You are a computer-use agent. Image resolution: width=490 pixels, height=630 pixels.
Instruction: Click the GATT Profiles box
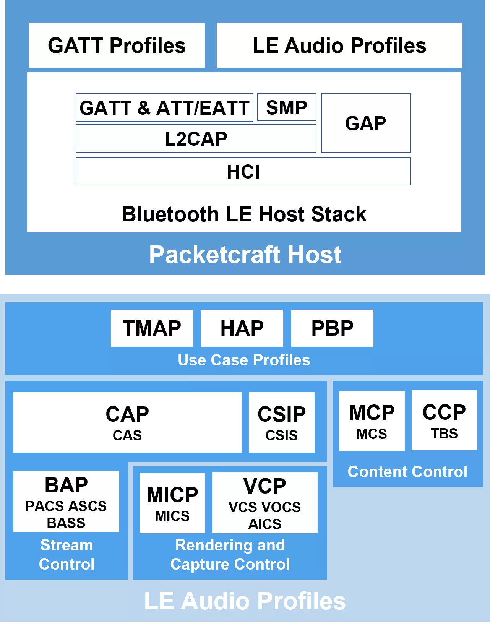(117, 45)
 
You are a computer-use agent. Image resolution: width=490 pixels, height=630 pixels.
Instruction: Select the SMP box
(287, 107)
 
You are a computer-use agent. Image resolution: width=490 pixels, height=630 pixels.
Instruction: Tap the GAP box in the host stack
(366, 123)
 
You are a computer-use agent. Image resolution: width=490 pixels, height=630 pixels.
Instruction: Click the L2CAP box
(196, 139)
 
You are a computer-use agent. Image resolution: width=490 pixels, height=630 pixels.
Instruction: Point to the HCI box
(243, 172)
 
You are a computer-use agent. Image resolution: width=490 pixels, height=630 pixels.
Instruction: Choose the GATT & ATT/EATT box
(164, 108)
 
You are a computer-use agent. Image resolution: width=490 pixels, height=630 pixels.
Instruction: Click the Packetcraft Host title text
(245, 255)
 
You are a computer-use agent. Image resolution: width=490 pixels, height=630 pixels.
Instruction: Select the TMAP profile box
(152, 328)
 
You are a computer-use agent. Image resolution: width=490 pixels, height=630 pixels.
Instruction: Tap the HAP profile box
(242, 328)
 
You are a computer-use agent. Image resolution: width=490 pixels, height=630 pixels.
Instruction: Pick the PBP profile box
(332, 328)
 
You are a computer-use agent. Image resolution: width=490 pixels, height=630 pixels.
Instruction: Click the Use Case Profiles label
(244, 360)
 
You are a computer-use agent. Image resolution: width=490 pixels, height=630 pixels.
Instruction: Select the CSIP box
(282, 422)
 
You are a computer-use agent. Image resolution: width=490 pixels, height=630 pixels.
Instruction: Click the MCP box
(372, 421)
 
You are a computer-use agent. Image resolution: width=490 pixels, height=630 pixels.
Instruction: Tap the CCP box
(444, 420)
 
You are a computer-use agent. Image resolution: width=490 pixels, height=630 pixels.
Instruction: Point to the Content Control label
(407, 472)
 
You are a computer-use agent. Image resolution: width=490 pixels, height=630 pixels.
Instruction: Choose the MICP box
(172, 503)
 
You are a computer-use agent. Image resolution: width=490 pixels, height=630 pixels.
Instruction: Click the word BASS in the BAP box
(66, 523)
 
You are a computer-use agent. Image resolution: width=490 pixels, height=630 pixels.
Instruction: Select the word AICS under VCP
(265, 524)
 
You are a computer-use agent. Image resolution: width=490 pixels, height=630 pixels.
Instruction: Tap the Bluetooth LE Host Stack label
(244, 214)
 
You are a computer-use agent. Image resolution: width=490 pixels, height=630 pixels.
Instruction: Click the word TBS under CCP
(444, 434)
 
